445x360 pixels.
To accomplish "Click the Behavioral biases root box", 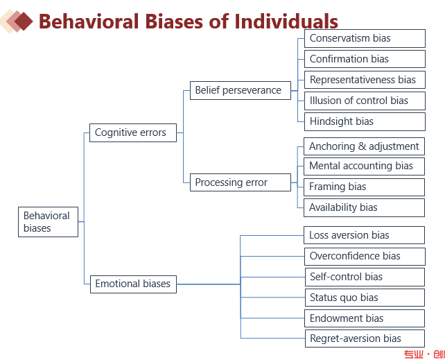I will click(48, 222).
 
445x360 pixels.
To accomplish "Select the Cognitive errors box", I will click(132, 132).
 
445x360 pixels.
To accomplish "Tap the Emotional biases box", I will click(132, 284).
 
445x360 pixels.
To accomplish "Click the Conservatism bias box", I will click(365, 38).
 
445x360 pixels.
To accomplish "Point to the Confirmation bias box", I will click(365, 59).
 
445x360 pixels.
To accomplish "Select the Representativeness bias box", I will click(365, 80).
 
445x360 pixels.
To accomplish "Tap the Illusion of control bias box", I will click(365, 101).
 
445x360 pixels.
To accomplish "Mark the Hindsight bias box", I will click(365, 121).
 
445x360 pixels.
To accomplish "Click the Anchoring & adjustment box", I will click(365, 146).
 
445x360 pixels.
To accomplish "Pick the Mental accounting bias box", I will click(365, 166).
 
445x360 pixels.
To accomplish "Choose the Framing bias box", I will click(365, 187).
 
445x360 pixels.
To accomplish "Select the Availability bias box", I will click(365, 207).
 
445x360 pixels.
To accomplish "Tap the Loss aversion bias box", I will click(365, 235).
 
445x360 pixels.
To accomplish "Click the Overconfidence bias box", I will click(365, 256).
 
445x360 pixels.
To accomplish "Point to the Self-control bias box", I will click(365, 277).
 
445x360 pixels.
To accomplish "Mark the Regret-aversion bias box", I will click(365, 338).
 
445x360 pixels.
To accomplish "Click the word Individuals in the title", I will click(286, 22).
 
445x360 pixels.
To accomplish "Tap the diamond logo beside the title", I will click(17, 22).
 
